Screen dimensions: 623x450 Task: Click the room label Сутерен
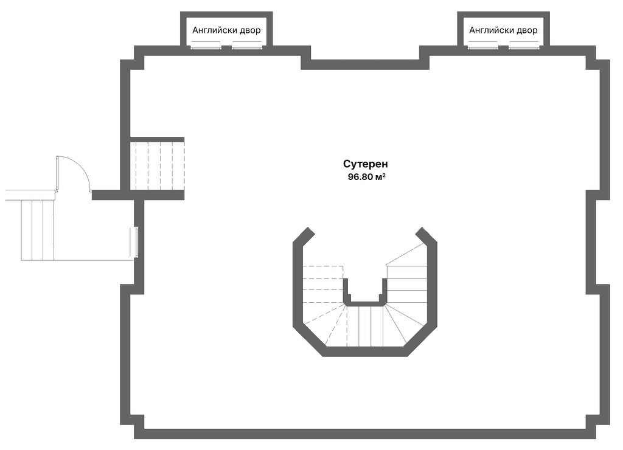(x=366, y=164)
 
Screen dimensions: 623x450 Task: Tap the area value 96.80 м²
(x=366, y=177)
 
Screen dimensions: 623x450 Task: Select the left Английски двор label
(x=226, y=30)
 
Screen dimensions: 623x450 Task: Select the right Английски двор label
(x=503, y=30)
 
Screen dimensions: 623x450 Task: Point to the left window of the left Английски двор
(x=206, y=48)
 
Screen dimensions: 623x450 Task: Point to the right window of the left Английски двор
(x=247, y=48)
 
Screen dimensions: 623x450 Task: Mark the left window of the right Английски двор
(x=482, y=48)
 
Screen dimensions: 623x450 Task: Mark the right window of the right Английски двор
(x=524, y=48)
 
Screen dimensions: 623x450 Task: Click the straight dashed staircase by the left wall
(x=158, y=166)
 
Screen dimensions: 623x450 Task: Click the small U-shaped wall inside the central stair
(x=365, y=293)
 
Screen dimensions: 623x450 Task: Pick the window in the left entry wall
(x=136, y=242)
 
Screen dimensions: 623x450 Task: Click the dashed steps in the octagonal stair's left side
(x=324, y=302)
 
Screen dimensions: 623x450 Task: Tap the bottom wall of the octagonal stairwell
(x=365, y=351)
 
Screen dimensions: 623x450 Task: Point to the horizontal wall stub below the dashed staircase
(x=138, y=195)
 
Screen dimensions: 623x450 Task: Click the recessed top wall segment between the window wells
(x=365, y=64)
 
